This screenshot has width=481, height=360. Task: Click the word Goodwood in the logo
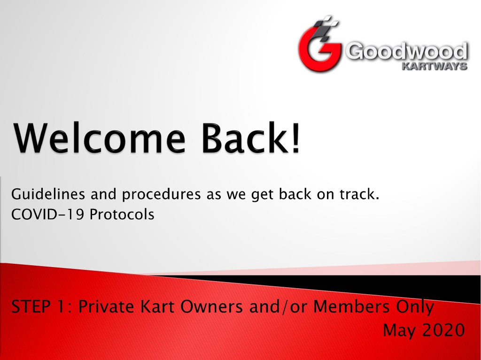407,51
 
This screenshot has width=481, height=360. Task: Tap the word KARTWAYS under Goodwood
434,66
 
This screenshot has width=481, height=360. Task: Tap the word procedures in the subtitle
162,195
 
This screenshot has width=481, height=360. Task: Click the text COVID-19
47,214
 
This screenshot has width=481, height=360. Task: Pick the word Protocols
122,214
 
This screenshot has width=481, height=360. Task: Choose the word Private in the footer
106,306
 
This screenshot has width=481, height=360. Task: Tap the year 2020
443,330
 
